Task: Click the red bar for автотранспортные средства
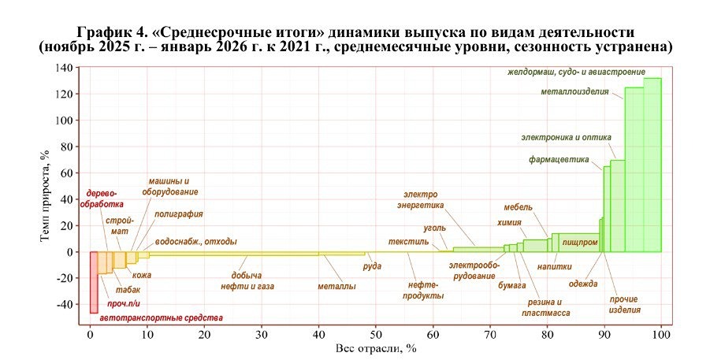click(x=93, y=282)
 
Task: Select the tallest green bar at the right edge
click(x=652, y=165)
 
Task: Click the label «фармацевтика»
click(x=559, y=160)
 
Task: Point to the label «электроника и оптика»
click(x=567, y=136)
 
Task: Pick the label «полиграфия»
click(x=179, y=213)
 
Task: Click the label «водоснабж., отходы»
click(x=195, y=242)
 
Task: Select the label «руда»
click(x=372, y=266)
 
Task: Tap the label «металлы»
click(x=336, y=286)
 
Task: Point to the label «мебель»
click(x=518, y=208)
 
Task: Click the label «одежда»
click(x=582, y=284)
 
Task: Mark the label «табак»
click(x=128, y=290)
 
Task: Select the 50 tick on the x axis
click(x=376, y=335)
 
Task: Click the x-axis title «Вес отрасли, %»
click(x=375, y=348)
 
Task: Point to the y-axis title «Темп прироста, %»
click(x=47, y=195)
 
